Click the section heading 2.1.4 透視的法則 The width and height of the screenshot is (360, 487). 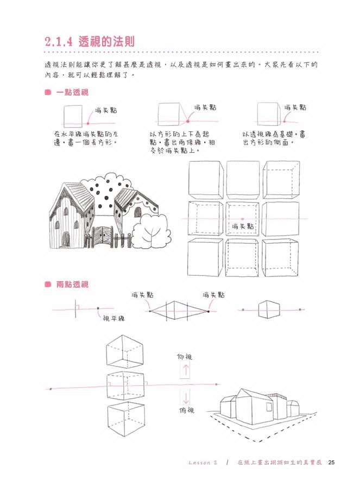[x=90, y=42]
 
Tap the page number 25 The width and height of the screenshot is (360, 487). [x=331, y=463]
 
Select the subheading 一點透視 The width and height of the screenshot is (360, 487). [x=72, y=92]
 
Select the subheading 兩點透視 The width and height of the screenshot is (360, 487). [x=72, y=284]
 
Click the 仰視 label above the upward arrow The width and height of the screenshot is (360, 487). [x=185, y=357]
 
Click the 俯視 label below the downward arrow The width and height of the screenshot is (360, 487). [x=187, y=410]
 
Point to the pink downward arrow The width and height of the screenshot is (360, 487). [x=186, y=397]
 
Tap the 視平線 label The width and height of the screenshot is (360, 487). [x=113, y=318]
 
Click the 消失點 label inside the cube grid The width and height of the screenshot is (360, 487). [x=243, y=226]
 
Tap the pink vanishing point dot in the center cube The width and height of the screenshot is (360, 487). [x=243, y=219]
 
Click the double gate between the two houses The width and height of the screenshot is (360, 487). [x=103, y=237]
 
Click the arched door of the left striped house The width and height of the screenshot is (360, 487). [x=65, y=239]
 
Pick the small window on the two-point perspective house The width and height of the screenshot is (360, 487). [x=269, y=407]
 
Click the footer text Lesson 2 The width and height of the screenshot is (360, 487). [x=203, y=463]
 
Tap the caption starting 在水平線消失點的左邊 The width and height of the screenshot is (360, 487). [x=86, y=138]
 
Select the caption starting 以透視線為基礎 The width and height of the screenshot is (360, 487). [x=274, y=138]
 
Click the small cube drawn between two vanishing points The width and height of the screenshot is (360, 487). [x=269, y=309]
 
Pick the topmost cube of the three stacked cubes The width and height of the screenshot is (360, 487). [x=125, y=352]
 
